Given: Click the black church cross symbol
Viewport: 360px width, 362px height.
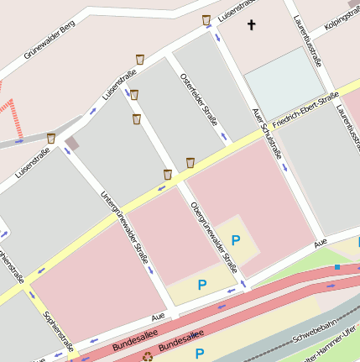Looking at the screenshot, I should click(x=251, y=25).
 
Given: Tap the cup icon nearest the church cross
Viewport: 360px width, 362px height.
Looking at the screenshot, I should click(x=206, y=19).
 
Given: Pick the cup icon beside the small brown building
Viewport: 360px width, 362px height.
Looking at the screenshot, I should click(x=51, y=138).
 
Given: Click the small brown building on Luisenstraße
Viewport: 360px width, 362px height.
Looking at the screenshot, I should click(x=73, y=143).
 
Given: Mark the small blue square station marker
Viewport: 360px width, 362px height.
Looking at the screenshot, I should click(x=337, y=267).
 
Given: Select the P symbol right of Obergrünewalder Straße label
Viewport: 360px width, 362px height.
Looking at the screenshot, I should click(x=236, y=240).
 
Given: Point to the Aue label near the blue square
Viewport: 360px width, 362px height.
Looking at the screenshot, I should click(x=320, y=242).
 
